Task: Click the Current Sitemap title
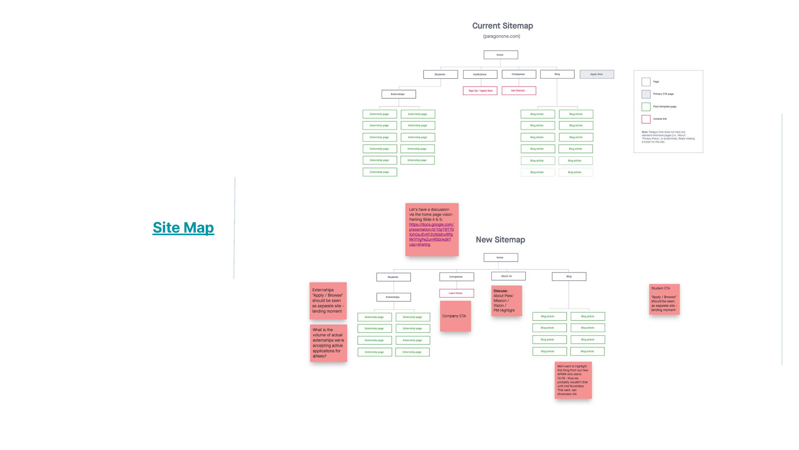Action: point(502,26)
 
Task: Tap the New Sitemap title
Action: point(500,240)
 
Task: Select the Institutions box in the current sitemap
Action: point(480,74)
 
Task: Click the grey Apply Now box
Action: point(596,74)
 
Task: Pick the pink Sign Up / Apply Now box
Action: point(480,91)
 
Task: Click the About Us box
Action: point(508,276)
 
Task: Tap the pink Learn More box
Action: point(456,293)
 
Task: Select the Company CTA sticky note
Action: point(455,316)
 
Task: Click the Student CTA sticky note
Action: point(664,299)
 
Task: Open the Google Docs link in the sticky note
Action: point(431,234)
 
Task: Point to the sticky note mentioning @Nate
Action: point(328,343)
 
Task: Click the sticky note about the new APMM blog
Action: point(573,380)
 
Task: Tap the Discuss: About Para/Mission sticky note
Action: point(506,301)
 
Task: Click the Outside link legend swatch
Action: point(646,119)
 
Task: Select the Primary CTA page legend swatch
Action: point(646,94)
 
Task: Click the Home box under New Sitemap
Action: point(500,258)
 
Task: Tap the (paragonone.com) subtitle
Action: point(501,36)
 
